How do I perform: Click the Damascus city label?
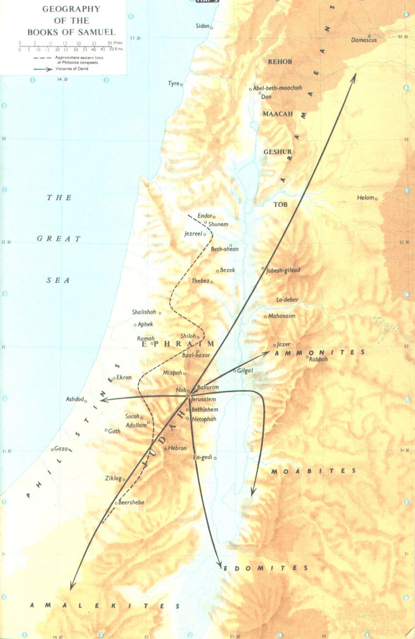coord(364,40)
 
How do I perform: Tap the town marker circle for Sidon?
coord(212,27)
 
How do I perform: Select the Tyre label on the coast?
coord(173,83)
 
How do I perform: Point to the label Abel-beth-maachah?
coord(277,88)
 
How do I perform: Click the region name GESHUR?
coord(277,152)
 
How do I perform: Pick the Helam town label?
coord(365,198)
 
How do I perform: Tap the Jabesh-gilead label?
coord(283,271)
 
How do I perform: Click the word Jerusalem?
coord(203,399)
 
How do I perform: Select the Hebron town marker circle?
coord(165,449)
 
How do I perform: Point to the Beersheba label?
coord(131,502)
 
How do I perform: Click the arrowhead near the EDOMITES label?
coord(220,565)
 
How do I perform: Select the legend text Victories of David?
coord(72,69)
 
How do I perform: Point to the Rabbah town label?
coord(318,359)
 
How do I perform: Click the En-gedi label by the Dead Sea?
coord(202,457)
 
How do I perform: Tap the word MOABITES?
coord(314,471)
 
